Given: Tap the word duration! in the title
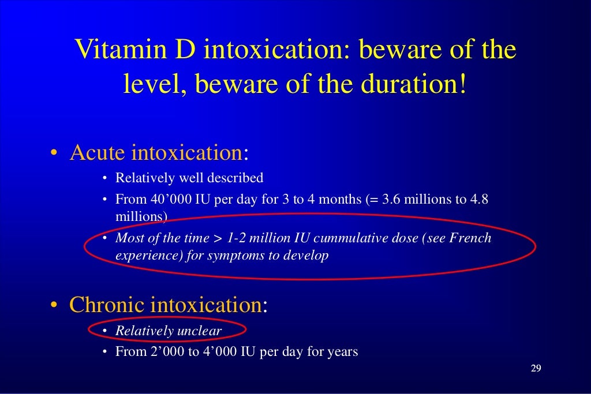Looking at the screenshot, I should pyautogui.click(x=411, y=85).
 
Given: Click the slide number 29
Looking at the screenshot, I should pyautogui.click(x=536, y=369).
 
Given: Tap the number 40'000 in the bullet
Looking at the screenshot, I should pyautogui.click(x=169, y=200).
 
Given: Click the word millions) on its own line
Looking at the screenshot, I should pyautogui.click(x=141, y=217).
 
